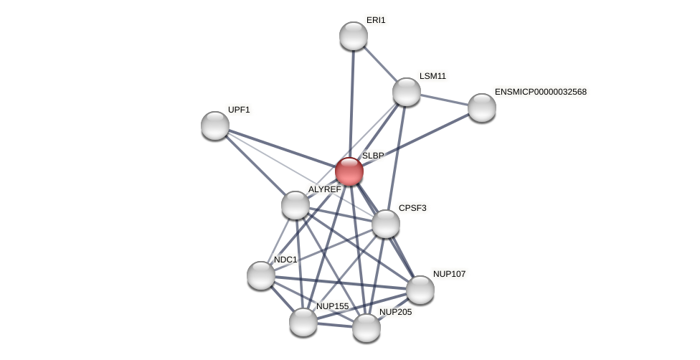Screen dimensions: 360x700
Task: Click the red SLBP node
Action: coord(349,171)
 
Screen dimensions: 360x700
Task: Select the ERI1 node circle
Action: coord(354,36)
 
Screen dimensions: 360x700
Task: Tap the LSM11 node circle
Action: coord(407,92)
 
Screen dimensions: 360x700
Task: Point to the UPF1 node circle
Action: coord(215,125)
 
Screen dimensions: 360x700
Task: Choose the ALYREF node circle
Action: coord(295,205)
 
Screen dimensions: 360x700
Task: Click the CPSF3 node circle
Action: coord(386,224)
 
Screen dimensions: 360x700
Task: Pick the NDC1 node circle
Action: coord(261,275)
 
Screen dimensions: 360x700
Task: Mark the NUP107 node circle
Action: coord(420,290)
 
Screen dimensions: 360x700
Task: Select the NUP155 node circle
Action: coord(303,322)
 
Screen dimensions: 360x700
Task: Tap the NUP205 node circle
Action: coord(366,328)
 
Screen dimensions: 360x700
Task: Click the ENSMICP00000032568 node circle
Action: coord(482,108)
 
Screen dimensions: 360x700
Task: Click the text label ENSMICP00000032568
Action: coord(540,92)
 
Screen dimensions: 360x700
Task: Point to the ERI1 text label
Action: coord(376,20)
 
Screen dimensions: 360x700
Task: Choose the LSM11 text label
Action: coord(432,76)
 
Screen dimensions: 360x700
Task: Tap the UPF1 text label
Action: coord(239,110)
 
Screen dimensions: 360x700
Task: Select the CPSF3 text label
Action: coord(412,208)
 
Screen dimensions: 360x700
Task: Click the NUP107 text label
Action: coord(449,274)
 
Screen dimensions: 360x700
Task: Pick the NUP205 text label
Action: coord(395,312)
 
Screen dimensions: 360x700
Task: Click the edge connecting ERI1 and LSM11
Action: coord(380,64)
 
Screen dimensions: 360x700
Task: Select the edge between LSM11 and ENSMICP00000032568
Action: coord(445,100)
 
